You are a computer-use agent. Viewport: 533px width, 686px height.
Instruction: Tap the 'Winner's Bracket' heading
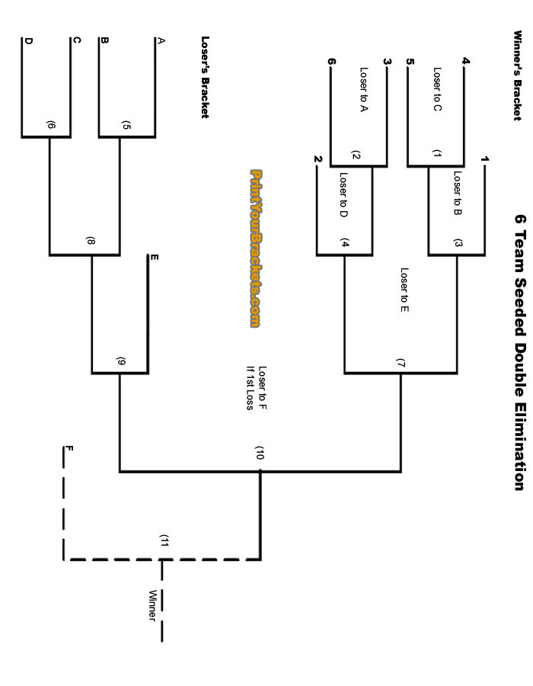click(x=518, y=75)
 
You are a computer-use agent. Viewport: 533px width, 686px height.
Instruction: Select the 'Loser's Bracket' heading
click(x=205, y=77)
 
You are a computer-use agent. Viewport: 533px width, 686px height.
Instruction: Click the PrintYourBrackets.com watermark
click(x=255, y=248)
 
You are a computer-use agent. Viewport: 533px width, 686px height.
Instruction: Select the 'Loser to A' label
click(x=364, y=90)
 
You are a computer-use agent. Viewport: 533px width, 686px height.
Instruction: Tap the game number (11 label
click(x=164, y=540)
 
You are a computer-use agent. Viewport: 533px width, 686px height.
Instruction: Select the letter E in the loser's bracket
click(x=155, y=257)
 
